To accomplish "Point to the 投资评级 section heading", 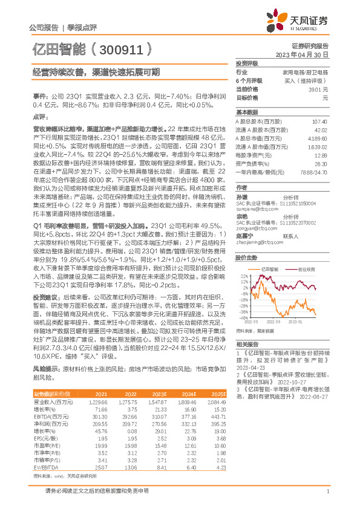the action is click(247, 63).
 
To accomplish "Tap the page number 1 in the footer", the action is click(327, 497).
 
